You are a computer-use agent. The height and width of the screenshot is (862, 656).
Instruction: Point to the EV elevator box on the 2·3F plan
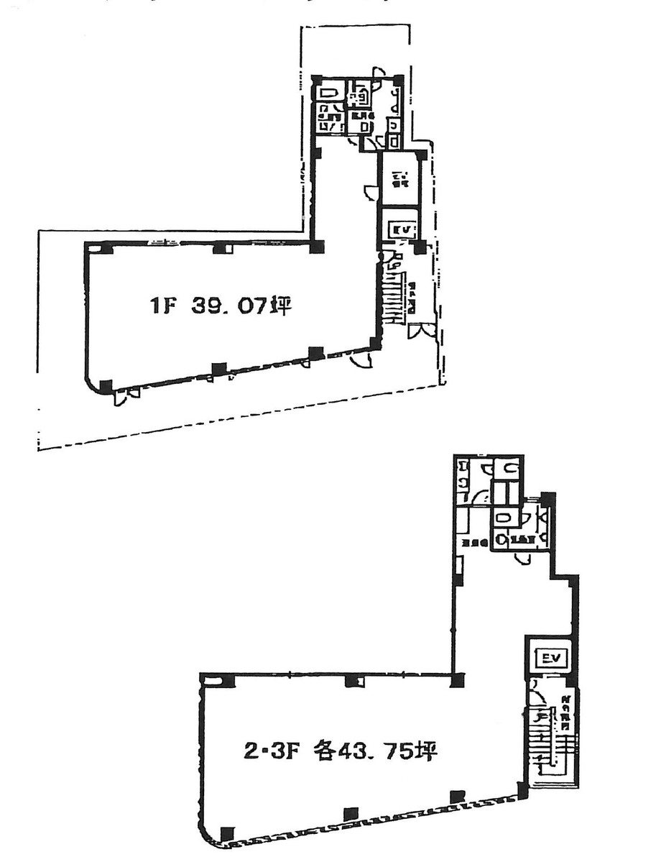click(x=550, y=657)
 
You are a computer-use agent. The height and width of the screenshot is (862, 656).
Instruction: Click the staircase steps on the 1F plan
click(x=393, y=295)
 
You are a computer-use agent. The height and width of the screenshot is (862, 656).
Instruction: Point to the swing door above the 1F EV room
click(x=371, y=193)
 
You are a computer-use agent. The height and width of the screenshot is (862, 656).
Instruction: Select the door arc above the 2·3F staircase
click(x=535, y=694)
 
